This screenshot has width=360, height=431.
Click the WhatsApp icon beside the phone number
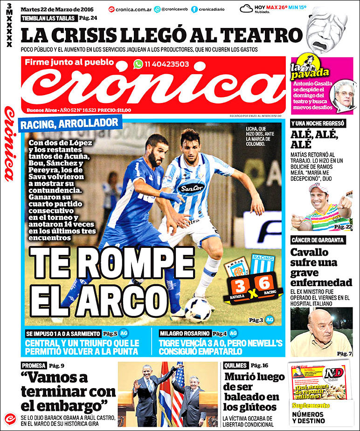[x=138, y=64]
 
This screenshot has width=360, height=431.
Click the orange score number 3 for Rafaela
[x=240, y=284]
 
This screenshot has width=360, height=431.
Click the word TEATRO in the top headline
[x=261, y=35]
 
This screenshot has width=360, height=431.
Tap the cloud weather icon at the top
[x=247, y=8]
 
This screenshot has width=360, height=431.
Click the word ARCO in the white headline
[x=122, y=297]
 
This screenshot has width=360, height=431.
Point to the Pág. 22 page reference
[x=343, y=226]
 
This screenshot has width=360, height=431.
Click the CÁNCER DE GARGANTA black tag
[x=318, y=240]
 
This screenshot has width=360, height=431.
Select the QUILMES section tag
[x=235, y=365]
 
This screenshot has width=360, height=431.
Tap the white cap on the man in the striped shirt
[x=318, y=187]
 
